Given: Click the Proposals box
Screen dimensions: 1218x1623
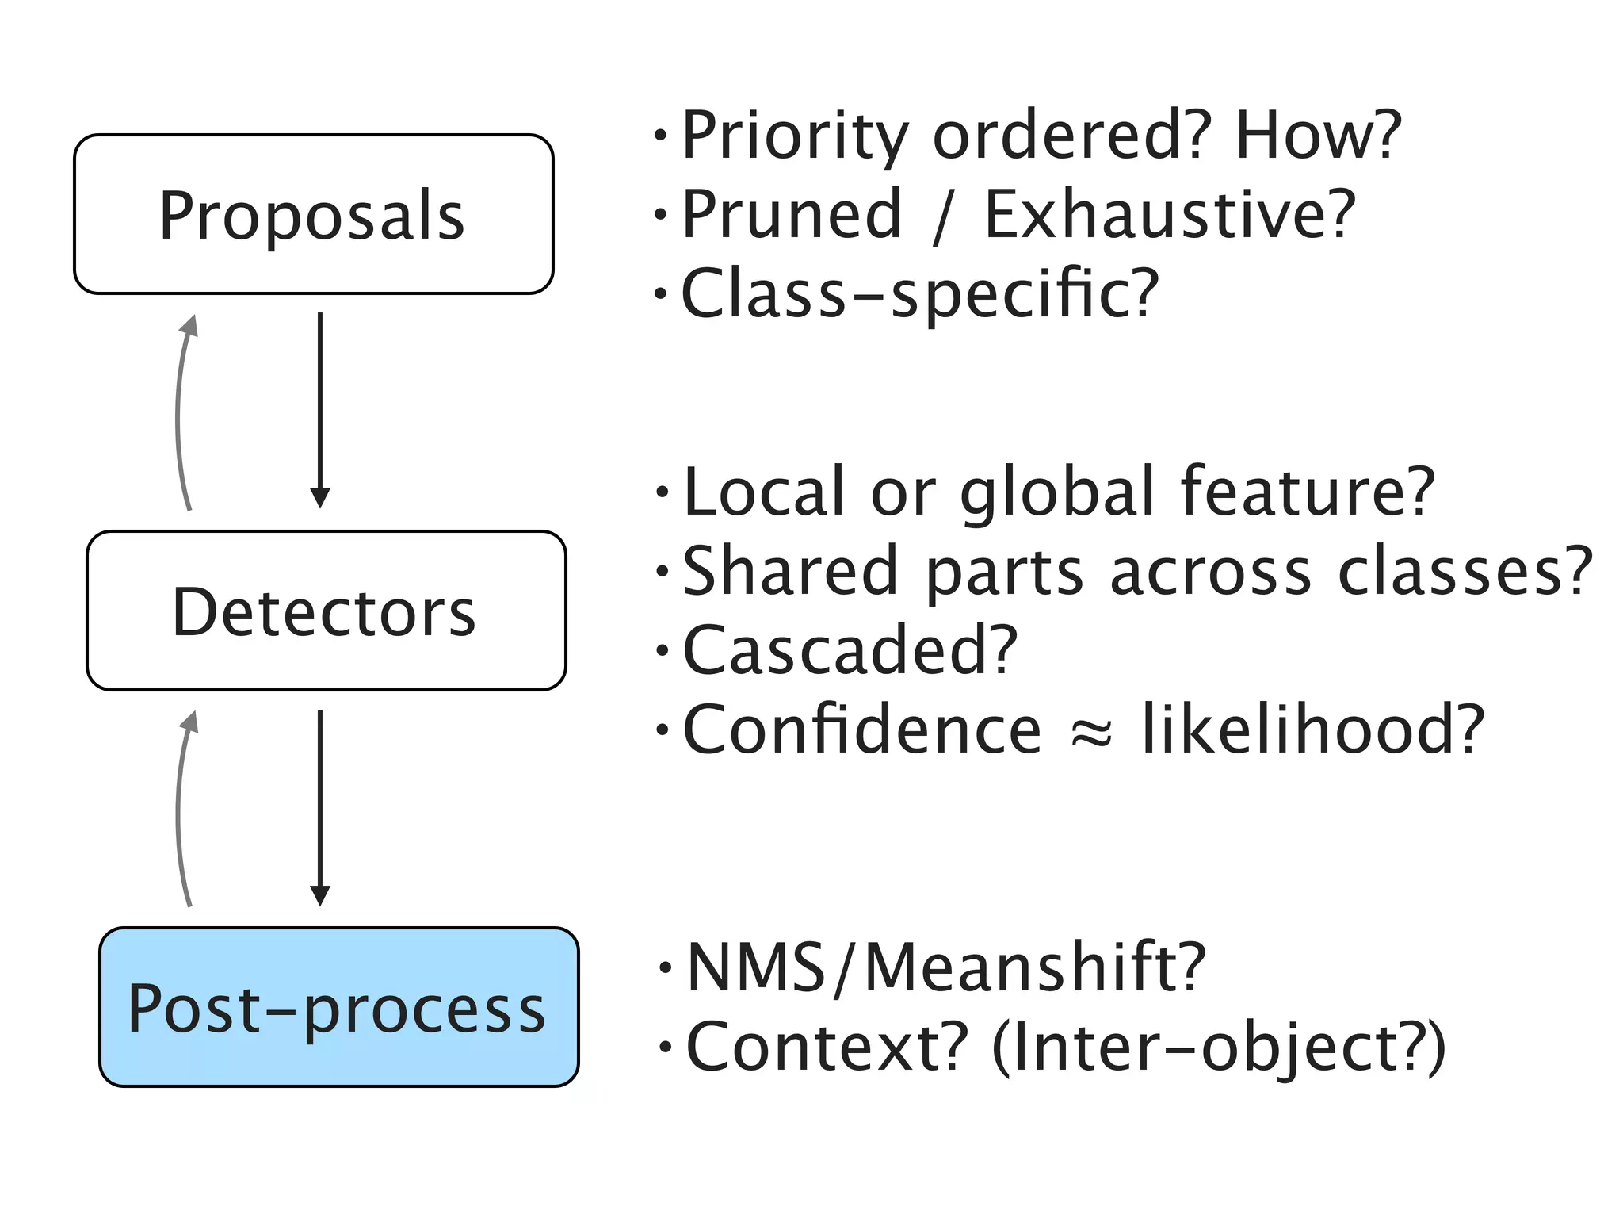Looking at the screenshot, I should [313, 214].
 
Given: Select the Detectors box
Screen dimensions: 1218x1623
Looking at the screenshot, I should [326, 611].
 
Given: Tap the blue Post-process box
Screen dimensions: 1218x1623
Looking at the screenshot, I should [338, 1007].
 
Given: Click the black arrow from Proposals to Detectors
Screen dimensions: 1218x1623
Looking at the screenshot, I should [319, 408].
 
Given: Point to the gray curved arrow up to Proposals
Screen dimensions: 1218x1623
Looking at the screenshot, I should [181, 412].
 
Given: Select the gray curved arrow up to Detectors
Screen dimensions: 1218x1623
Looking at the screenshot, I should [181, 809].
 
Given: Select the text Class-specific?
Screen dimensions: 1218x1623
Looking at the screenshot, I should [919, 293].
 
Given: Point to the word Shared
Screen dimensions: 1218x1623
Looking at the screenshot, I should [789, 571].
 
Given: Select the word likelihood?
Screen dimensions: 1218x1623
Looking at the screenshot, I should [1312, 730].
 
